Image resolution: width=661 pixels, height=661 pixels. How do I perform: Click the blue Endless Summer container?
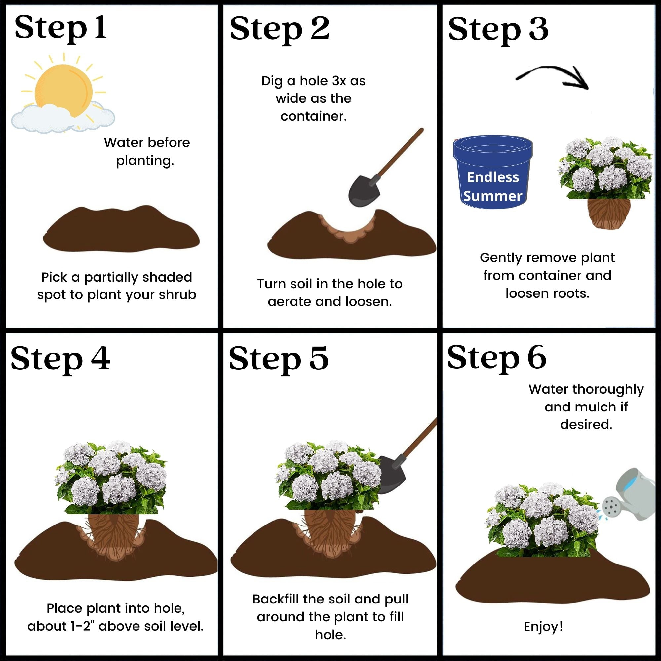(493, 173)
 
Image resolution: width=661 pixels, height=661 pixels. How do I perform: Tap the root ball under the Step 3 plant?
(609, 214)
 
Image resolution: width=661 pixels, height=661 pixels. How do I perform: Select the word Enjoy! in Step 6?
(543, 627)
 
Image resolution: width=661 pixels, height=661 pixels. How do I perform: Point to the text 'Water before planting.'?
(147, 152)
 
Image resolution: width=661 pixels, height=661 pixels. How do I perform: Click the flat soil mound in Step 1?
(121, 229)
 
